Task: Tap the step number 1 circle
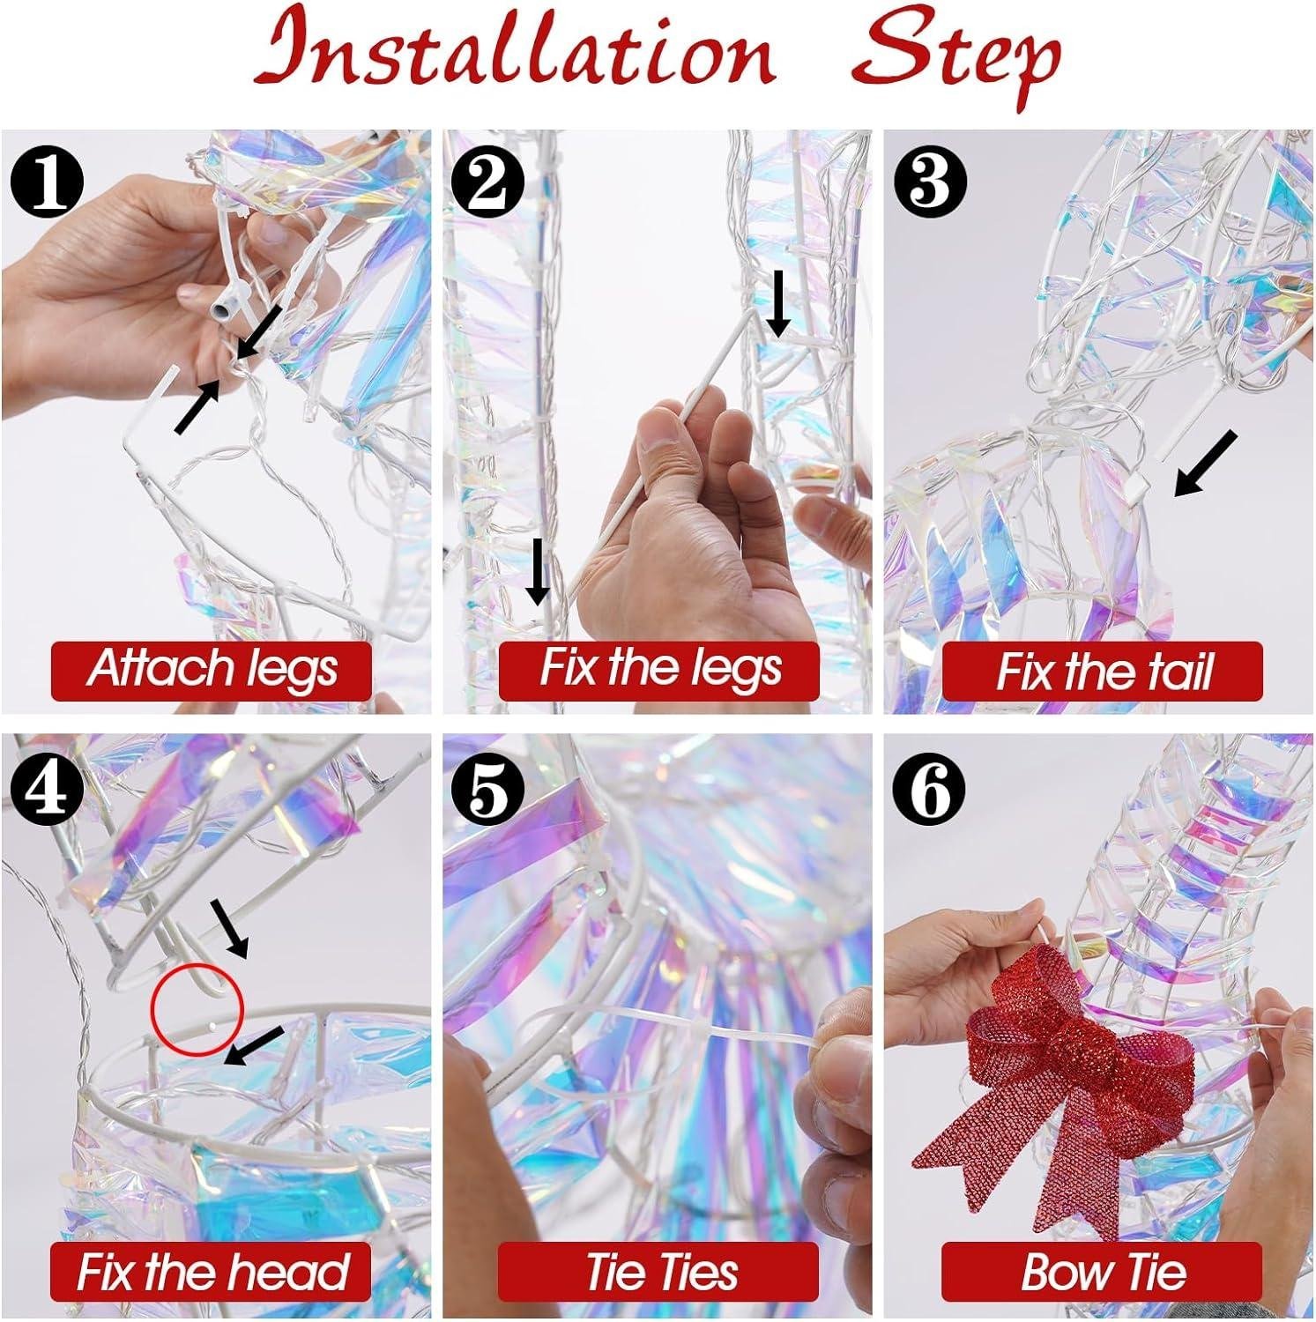coord(46,182)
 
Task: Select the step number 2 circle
coord(488,182)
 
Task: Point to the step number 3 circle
coord(930,182)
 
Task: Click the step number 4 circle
coord(46,787)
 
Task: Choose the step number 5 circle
coord(488,787)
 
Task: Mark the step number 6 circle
coord(930,787)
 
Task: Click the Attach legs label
coord(212,669)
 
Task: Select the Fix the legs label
coord(659,669)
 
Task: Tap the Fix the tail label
coord(1103,671)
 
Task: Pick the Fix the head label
coord(211,1272)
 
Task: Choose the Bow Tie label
coord(1103,1272)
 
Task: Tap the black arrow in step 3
coord(1207,464)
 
